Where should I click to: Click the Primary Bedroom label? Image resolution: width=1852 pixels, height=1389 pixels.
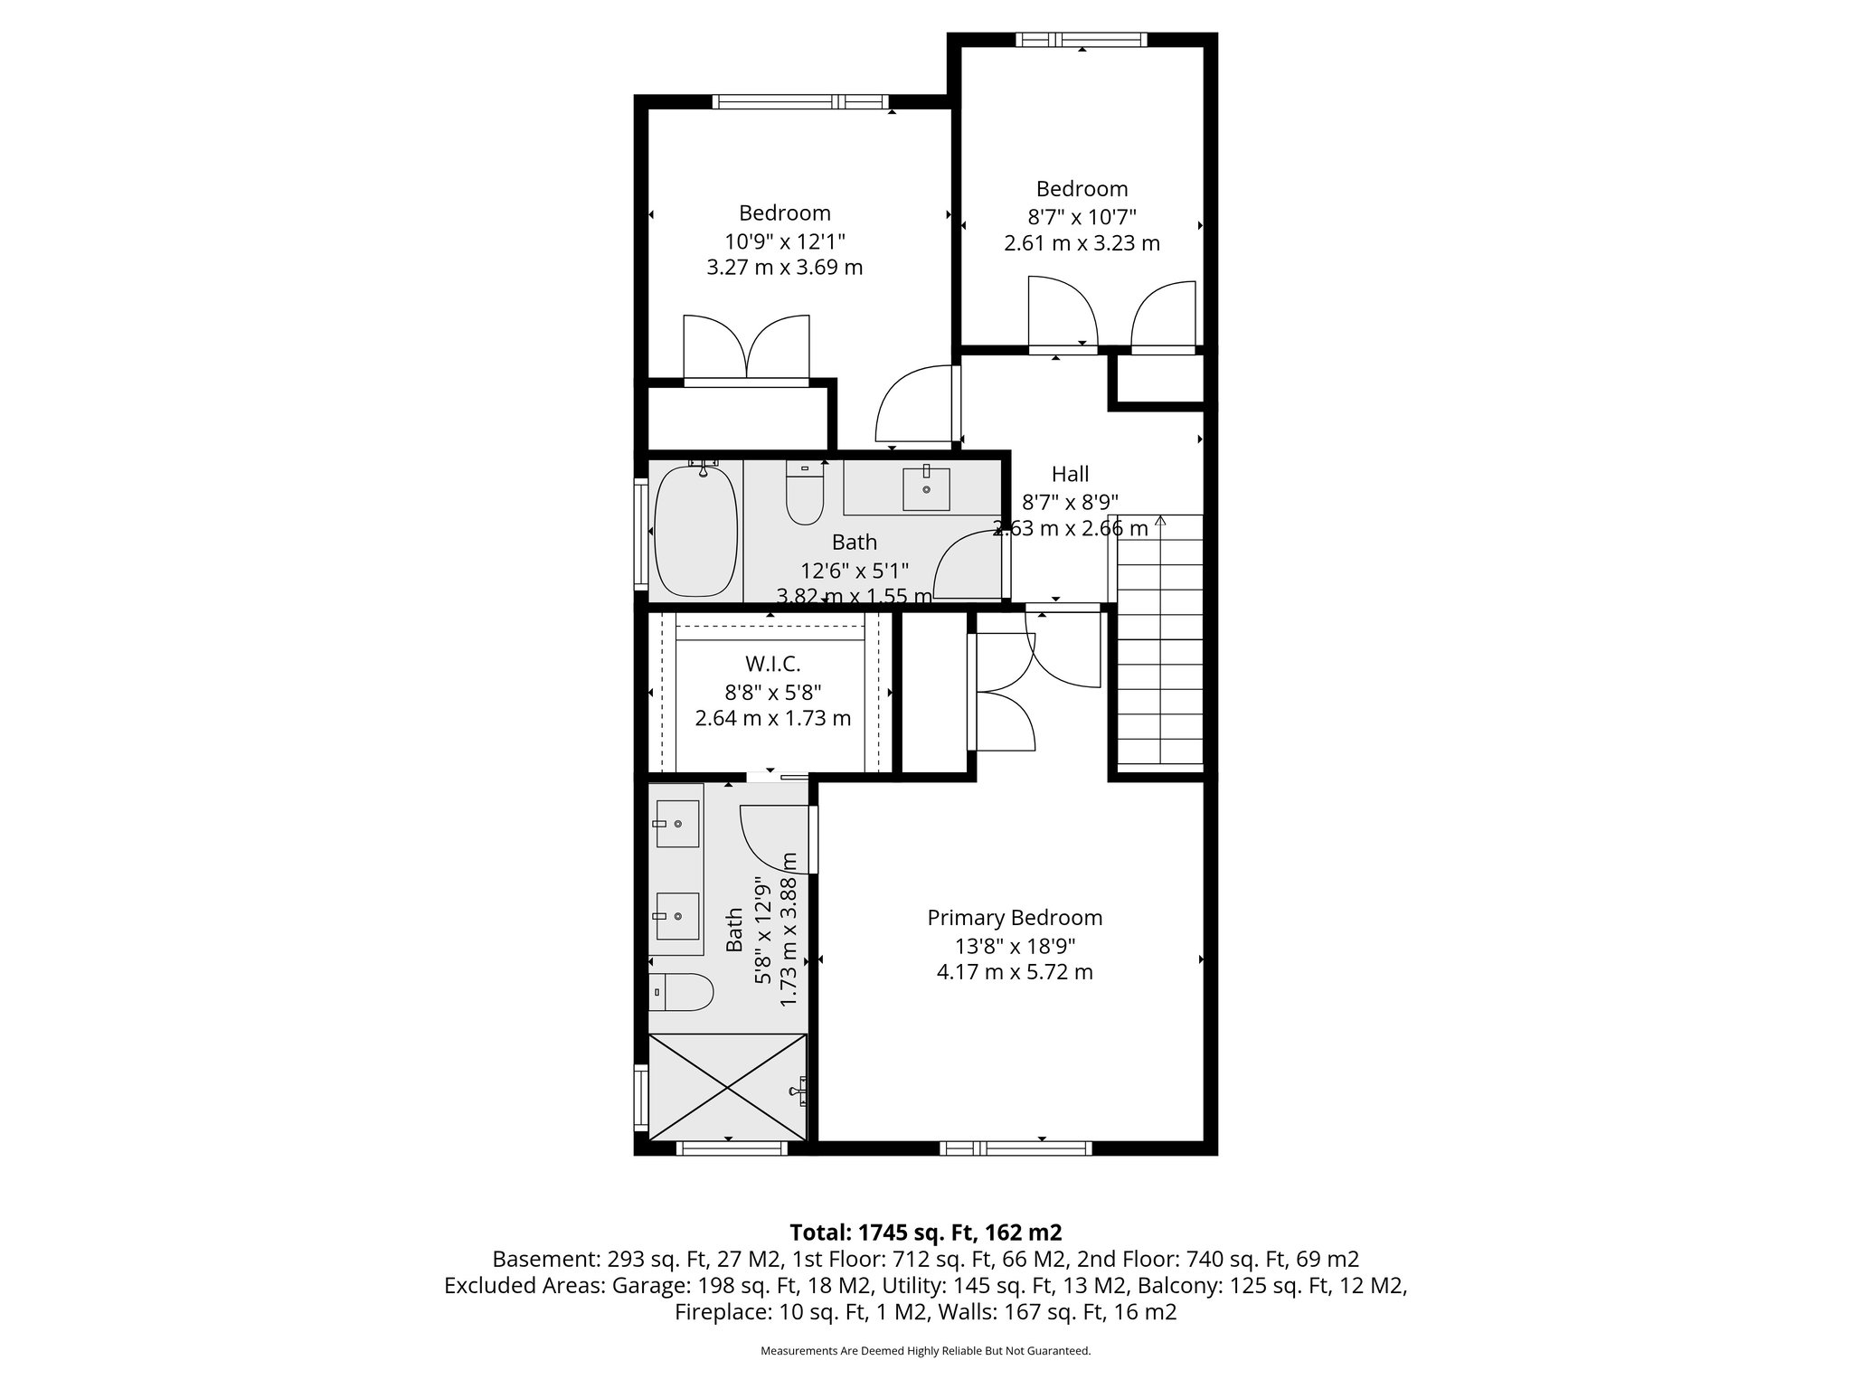pyautogui.click(x=1015, y=918)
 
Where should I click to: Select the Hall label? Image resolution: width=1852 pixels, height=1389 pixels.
pyautogui.click(x=1070, y=474)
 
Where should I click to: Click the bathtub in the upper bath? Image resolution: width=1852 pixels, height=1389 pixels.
pyautogui.click(x=695, y=531)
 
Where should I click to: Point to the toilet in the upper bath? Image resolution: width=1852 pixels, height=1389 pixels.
pyautogui.click(x=804, y=495)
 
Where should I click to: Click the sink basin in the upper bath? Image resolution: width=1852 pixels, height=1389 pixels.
pyautogui.click(x=926, y=489)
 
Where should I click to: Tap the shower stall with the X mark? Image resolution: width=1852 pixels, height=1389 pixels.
pyautogui.click(x=727, y=1087)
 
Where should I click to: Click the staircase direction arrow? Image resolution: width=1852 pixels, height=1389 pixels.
pyautogui.click(x=1160, y=522)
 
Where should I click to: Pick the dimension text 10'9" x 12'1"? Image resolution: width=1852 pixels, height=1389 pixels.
pyautogui.click(x=784, y=241)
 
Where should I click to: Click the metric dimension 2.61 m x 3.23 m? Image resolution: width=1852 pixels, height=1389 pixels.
pyautogui.click(x=1082, y=243)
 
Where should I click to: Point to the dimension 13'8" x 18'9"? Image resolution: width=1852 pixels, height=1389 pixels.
pyautogui.click(x=1015, y=946)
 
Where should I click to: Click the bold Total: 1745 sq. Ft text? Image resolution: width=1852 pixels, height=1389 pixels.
pyautogui.click(x=925, y=1232)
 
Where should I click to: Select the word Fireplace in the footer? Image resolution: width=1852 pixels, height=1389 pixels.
pyautogui.click(x=723, y=1311)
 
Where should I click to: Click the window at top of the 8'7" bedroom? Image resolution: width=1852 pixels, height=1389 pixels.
pyautogui.click(x=1081, y=40)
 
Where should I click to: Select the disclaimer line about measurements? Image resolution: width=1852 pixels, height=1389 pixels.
pyautogui.click(x=925, y=1351)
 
